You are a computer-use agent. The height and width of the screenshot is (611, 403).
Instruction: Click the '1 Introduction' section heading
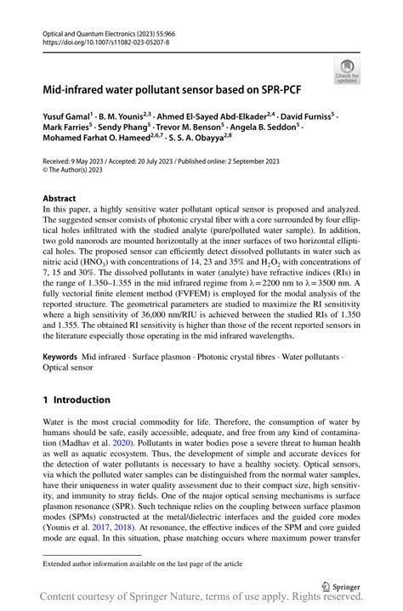tap(77, 399)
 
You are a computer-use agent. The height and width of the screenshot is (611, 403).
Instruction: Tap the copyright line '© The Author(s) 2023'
tap(78, 169)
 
